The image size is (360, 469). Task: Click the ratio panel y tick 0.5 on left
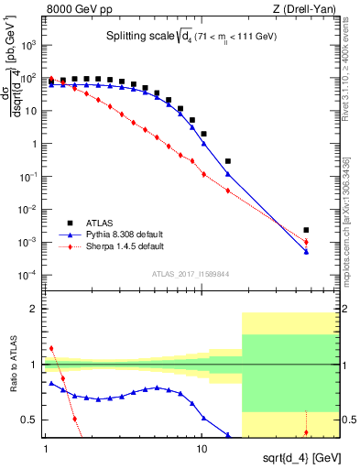(x=33, y=420)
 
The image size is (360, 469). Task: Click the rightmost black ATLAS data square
(x=306, y=230)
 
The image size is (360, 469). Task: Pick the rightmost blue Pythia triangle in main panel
(x=306, y=252)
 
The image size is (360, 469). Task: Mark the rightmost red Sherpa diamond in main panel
(x=306, y=242)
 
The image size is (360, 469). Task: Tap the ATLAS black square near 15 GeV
(x=227, y=161)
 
